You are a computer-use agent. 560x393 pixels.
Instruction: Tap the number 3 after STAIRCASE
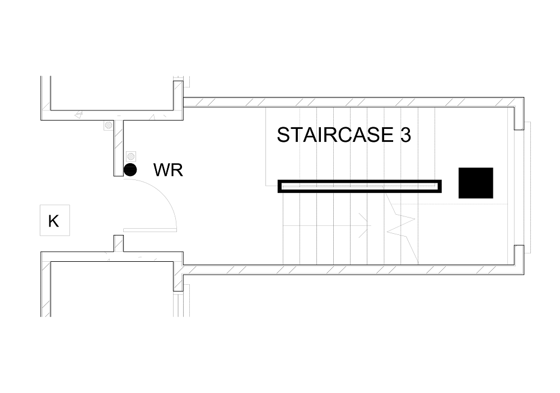coord(405,135)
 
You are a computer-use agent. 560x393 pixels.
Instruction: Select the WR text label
coord(168,170)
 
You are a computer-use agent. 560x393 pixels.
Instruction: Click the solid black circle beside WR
coord(130,170)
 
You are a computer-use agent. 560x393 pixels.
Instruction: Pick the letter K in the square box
coord(54,221)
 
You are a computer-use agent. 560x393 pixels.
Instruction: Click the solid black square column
coord(475,183)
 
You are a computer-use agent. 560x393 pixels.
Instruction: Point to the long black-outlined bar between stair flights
coord(360,186)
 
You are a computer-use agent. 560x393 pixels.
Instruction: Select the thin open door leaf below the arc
coord(150,230)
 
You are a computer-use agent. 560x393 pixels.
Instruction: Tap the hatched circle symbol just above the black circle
coord(131,156)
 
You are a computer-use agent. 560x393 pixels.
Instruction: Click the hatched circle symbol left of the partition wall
coord(109,126)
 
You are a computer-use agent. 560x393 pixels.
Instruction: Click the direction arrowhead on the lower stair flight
coord(365,225)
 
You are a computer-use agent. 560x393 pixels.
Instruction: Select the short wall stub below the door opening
coord(119,243)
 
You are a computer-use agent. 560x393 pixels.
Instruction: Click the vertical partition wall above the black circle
coord(119,148)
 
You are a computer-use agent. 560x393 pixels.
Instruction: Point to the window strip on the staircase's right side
coord(528,187)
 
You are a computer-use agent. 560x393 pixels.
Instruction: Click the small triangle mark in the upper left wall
coord(80,115)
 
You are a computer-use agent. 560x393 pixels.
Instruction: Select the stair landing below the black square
coord(463,234)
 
